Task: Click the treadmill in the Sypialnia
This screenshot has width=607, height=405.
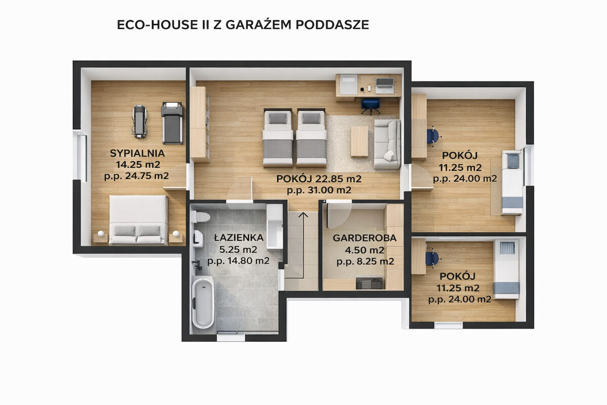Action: click(172, 123)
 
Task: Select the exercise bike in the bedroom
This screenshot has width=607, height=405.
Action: click(140, 121)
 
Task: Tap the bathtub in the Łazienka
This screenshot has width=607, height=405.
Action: click(203, 302)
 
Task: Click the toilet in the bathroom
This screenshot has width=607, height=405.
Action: click(200, 217)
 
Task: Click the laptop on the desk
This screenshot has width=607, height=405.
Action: click(384, 84)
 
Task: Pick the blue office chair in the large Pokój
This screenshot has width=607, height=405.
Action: click(370, 106)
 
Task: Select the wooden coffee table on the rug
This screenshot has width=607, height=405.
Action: click(359, 142)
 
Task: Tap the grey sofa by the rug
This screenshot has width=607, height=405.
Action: click(387, 144)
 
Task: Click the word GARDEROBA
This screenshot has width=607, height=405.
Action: click(365, 238)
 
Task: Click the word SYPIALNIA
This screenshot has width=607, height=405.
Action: click(138, 153)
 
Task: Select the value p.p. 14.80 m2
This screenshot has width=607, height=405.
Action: click(238, 261)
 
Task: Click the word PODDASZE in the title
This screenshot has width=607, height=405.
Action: click(332, 25)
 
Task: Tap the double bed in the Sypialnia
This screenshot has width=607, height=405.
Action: click(138, 220)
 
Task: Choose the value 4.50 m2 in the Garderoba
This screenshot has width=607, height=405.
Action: click(365, 250)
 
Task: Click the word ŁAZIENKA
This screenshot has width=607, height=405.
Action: click(239, 237)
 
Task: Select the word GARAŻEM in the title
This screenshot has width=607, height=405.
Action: click(258, 24)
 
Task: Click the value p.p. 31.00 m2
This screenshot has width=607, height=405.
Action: click(319, 190)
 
